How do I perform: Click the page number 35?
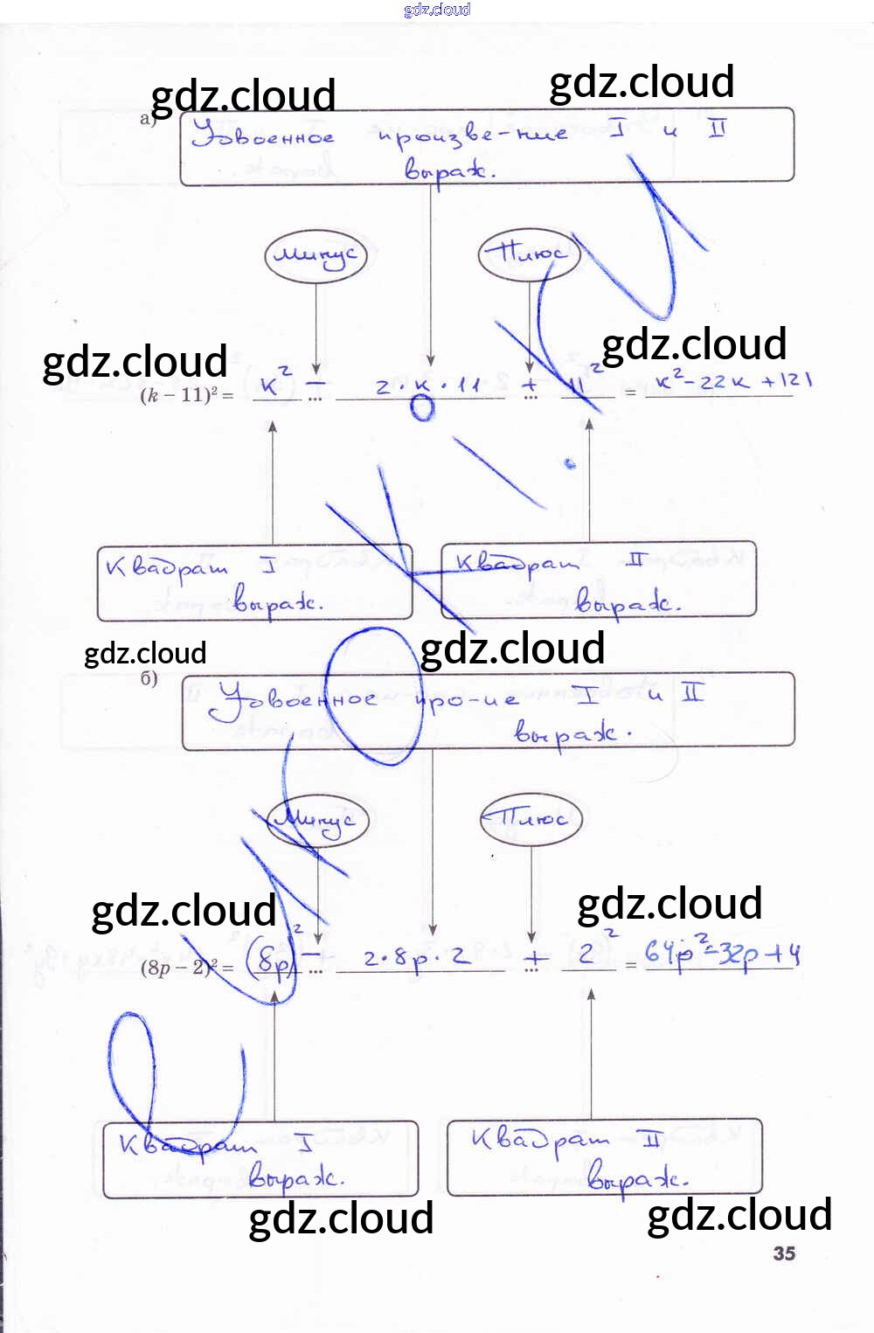[784, 1253]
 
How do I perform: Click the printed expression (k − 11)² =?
[187, 395]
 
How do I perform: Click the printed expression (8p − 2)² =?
[187, 967]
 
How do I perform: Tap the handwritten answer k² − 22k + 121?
[733, 382]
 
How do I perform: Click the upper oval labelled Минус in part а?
[315, 256]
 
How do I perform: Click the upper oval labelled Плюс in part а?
[529, 254]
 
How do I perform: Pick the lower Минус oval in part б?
[318, 821]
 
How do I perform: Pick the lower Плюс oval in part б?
[531, 819]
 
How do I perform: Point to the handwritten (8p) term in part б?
[272, 962]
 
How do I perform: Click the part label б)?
[149, 679]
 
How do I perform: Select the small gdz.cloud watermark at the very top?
[437, 10]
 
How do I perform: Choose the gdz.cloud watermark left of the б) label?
[145, 653]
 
